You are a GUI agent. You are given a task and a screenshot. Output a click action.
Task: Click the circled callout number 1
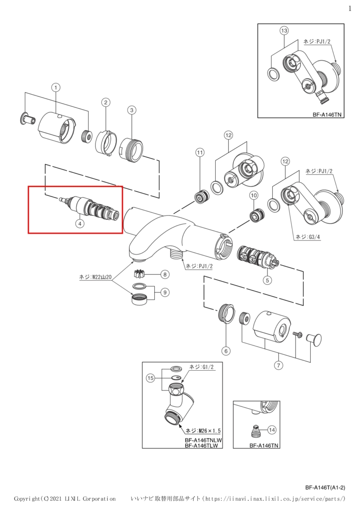56,87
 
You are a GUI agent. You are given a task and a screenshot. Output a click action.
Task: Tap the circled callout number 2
105,102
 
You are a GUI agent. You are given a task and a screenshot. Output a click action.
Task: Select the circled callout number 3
131,110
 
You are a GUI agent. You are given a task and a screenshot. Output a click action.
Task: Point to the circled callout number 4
79,224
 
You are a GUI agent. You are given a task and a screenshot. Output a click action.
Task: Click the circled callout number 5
267,280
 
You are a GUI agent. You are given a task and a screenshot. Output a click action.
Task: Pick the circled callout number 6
226,351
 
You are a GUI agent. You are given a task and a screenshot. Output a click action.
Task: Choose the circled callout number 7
278,366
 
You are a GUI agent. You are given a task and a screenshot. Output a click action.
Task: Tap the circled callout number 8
165,275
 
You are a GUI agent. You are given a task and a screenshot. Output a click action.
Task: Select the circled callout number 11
199,151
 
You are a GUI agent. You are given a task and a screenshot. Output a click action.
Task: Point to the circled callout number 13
285,30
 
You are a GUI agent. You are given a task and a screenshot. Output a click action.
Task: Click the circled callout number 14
272,430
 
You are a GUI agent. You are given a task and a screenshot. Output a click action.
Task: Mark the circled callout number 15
150,378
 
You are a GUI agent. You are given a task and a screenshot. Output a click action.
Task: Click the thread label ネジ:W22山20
96,277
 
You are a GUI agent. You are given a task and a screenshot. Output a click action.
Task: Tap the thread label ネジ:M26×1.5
203,431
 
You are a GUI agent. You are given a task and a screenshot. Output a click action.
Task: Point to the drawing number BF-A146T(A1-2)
325,487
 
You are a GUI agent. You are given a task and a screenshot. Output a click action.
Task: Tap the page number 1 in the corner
350,8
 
